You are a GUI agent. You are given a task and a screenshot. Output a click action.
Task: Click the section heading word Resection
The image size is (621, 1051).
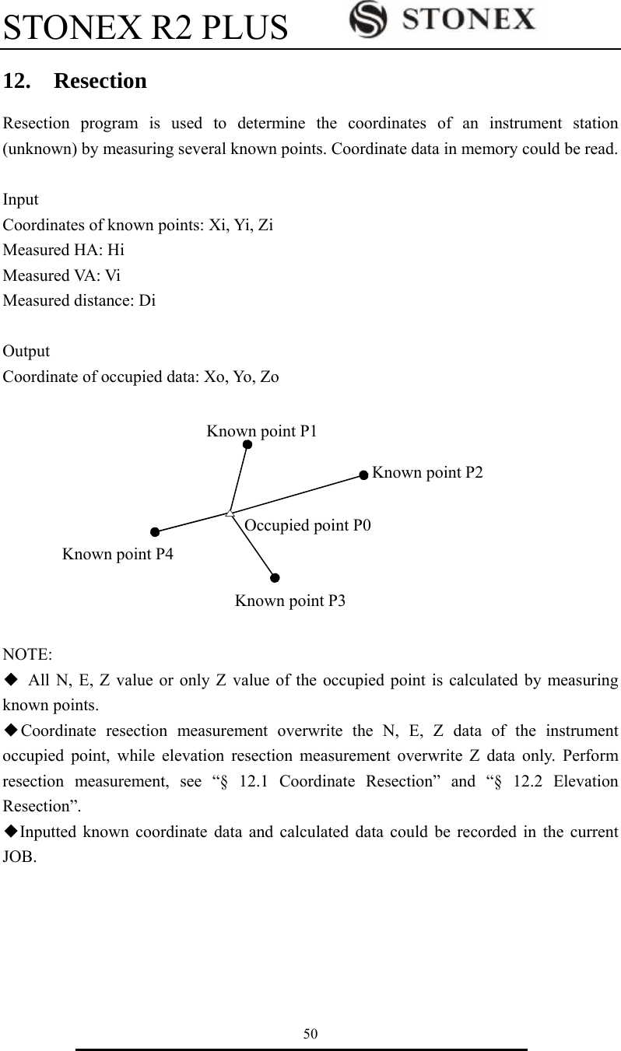pyautogui.click(x=100, y=81)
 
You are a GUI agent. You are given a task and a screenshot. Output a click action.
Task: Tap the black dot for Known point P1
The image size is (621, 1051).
pyautogui.click(x=247, y=444)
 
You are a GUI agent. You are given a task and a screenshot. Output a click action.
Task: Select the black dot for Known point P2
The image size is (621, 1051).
pyautogui.click(x=363, y=474)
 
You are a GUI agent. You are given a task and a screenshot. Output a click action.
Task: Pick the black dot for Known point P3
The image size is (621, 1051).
pyautogui.click(x=275, y=577)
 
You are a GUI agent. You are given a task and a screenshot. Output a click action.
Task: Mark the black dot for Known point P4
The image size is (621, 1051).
pyautogui.click(x=155, y=532)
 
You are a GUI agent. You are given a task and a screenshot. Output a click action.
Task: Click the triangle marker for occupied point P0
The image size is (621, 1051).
pyautogui.click(x=230, y=513)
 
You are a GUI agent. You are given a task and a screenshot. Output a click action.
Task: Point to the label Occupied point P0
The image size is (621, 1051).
pyautogui.click(x=307, y=525)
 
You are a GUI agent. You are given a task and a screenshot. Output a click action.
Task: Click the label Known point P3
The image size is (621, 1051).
pyautogui.click(x=290, y=601)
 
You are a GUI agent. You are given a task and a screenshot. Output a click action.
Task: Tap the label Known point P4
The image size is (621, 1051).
pyautogui.click(x=118, y=554)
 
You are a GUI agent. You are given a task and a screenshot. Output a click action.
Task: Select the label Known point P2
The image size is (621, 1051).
pyautogui.click(x=427, y=472)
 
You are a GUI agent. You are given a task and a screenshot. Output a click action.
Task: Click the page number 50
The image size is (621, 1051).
pyautogui.click(x=310, y=1033)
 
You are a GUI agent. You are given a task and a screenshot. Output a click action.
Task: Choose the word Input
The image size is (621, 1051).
pyautogui.click(x=21, y=200)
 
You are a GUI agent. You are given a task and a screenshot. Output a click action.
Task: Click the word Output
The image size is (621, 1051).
pyautogui.click(x=26, y=352)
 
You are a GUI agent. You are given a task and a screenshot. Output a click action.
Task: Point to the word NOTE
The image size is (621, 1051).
pyautogui.click(x=26, y=653)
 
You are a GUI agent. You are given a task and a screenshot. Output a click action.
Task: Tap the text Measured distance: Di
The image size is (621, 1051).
pyautogui.click(x=79, y=301)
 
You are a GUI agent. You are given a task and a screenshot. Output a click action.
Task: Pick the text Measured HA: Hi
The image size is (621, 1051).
pyautogui.click(x=64, y=250)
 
